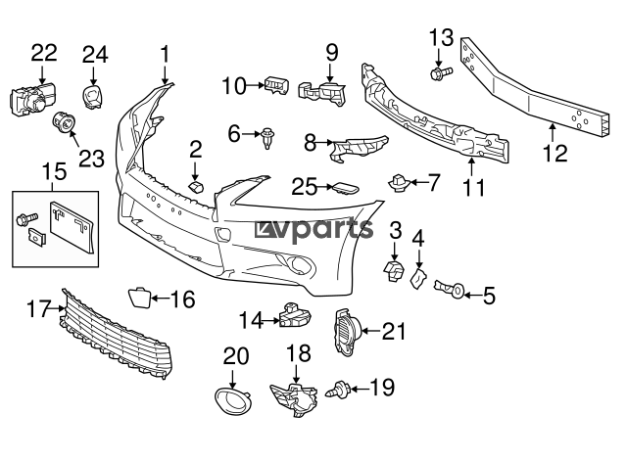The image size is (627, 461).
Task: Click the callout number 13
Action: pos(442,38)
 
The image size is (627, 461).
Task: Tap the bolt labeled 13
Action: pos(441,73)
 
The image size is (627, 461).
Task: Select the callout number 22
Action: pos(44,53)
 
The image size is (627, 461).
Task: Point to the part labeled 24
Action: pos(93,96)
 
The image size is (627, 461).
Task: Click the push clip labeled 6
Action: pos(267,138)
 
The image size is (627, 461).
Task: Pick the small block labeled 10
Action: pos(276,85)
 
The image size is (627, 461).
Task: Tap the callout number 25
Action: pos(304,187)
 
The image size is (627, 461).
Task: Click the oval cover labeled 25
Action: pos(345,188)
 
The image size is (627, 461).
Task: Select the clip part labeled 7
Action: pos(399,183)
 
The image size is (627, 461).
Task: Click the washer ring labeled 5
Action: pos(458,291)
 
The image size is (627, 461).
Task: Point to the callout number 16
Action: pos(183,300)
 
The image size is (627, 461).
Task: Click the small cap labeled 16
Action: pos(140,298)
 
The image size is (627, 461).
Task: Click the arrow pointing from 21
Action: pos(371,331)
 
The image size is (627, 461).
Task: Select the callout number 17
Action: pos(39,308)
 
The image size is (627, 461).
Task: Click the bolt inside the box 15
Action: pos(26,217)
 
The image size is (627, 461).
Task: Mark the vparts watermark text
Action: pos(314,230)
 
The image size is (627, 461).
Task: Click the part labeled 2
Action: pos(196,186)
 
